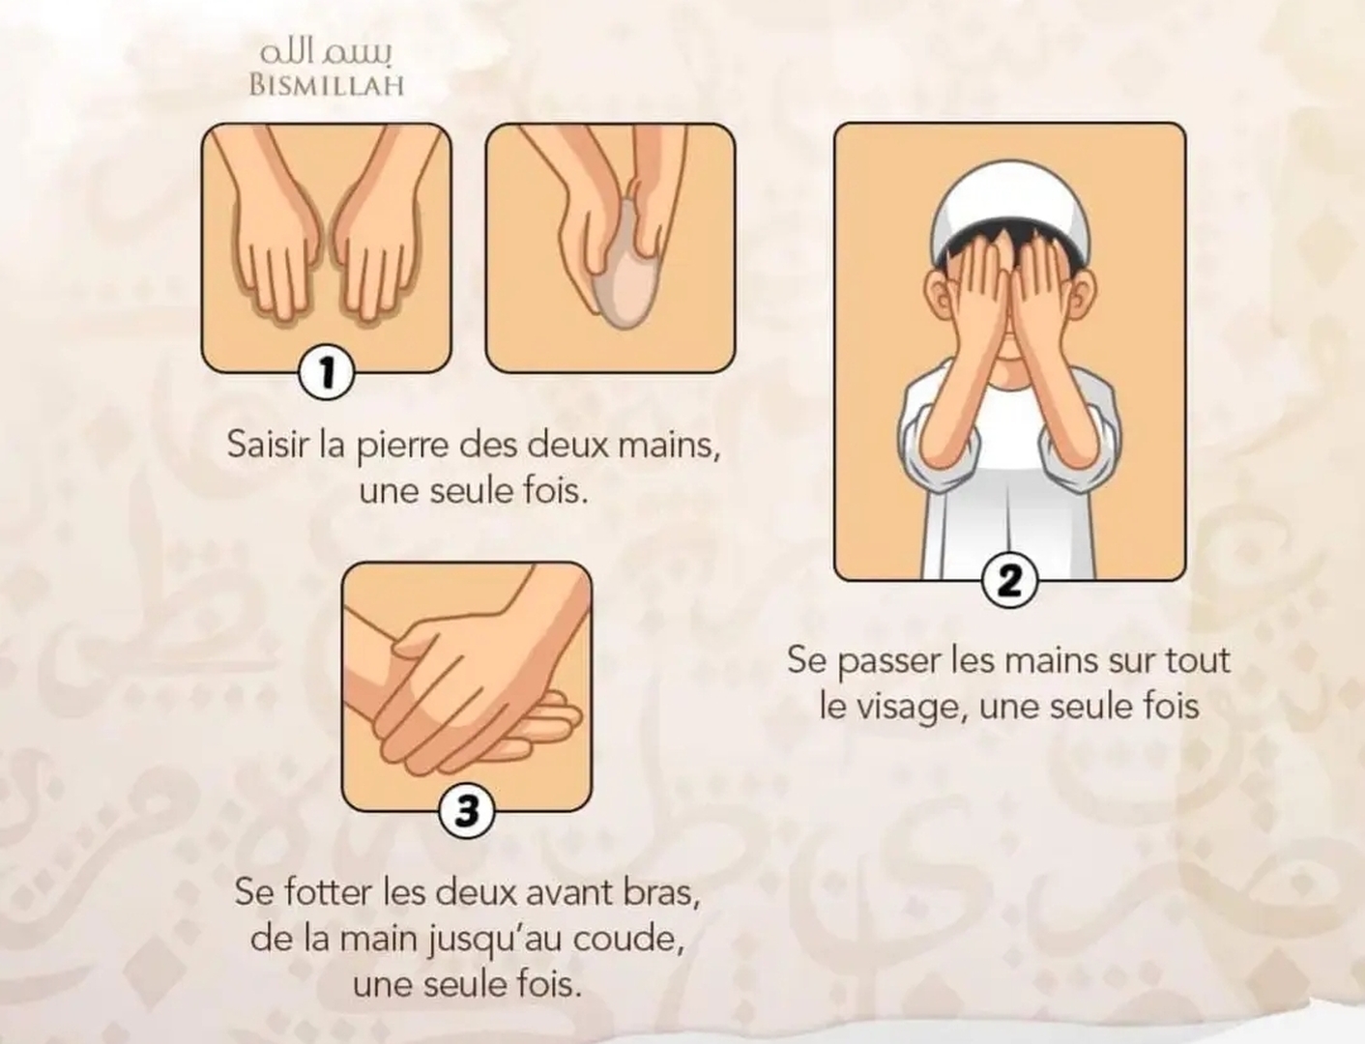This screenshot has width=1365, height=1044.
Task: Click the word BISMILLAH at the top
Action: (x=326, y=85)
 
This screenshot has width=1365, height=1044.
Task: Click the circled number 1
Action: (x=326, y=372)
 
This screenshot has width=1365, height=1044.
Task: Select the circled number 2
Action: (x=1009, y=581)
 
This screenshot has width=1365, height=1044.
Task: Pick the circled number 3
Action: (x=467, y=810)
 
